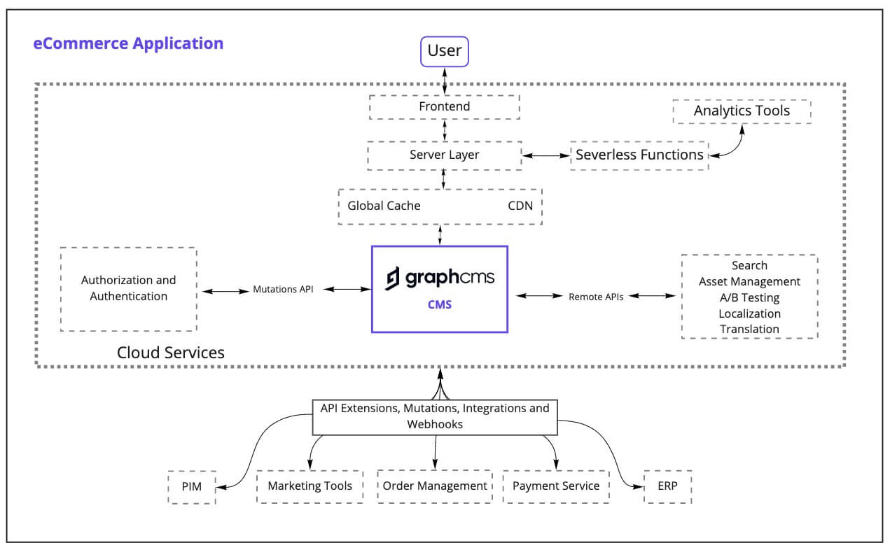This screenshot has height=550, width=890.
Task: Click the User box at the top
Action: coord(444,51)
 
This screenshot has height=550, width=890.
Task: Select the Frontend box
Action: coord(444,107)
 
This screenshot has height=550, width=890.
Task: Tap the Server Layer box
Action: coord(444,155)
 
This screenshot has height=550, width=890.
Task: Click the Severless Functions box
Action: coord(639,155)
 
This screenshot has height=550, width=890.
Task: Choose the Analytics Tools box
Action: coord(742,111)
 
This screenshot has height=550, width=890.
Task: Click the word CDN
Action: coord(520,206)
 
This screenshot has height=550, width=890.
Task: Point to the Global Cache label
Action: coord(384,206)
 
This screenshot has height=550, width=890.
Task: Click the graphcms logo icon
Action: coord(394,278)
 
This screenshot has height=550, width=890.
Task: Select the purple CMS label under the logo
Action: coord(440,304)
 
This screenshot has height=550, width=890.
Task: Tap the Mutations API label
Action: coord(283,289)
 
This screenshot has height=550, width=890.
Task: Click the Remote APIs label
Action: coord(596,297)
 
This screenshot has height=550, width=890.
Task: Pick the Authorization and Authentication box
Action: coord(129,288)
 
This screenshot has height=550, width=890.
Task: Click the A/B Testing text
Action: coord(749,297)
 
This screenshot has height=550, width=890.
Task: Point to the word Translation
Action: coord(749,329)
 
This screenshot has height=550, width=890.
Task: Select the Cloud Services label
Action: coord(171,352)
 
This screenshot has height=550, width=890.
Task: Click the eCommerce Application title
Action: coord(128,43)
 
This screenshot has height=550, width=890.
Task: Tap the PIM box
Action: coord(191,487)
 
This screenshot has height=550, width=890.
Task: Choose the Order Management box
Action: coord(435,486)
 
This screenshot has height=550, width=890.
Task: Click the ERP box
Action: coord(668,486)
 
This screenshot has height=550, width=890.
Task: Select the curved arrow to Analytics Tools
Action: coord(732,143)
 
